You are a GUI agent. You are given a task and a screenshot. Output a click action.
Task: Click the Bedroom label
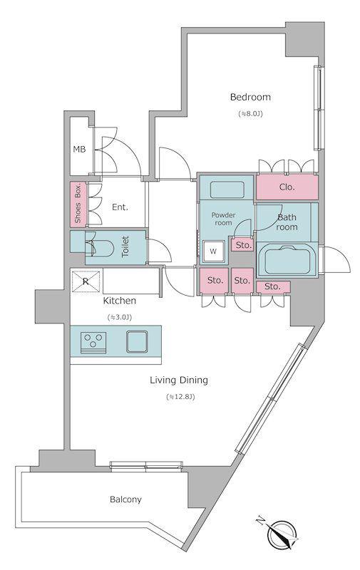250,97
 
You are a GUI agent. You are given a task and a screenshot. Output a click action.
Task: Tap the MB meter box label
79,149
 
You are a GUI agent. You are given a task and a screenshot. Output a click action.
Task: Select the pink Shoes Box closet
78,204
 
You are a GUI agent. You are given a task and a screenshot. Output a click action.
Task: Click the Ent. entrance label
120,207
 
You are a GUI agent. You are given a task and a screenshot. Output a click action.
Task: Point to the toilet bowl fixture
99,248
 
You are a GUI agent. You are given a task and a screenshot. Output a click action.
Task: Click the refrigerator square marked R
86,281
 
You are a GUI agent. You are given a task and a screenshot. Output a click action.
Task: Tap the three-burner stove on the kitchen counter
93,343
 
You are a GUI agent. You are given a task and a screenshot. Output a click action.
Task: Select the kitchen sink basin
137,342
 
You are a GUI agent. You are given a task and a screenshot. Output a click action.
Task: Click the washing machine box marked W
213,252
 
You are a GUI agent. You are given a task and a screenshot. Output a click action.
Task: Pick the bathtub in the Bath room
287,259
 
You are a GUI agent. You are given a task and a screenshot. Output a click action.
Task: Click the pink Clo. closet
287,187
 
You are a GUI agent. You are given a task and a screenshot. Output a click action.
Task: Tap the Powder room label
223,219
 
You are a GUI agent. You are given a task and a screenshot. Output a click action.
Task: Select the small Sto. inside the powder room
243,245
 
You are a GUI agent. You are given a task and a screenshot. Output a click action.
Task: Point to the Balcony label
125,499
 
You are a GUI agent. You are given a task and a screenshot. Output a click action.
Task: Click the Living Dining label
179,380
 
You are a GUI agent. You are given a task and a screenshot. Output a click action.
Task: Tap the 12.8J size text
180,397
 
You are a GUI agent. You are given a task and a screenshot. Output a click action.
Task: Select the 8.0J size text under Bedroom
250,114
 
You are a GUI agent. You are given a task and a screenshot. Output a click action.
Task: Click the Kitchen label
120,301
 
